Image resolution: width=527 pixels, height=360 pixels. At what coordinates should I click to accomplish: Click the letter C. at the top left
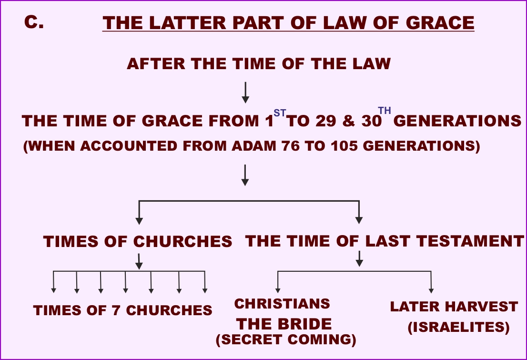pos(34,22)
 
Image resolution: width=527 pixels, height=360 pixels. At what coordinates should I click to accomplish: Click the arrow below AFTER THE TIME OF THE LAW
pos(245,93)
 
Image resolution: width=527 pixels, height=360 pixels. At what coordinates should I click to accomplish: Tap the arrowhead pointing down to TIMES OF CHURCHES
pos(139,220)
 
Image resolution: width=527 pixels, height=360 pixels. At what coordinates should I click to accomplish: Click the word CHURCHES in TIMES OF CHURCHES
pos(182,242)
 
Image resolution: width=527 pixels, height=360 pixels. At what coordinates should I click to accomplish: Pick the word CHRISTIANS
pos(282,304)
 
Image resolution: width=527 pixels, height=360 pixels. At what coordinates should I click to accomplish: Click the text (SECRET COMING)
pos(286,339)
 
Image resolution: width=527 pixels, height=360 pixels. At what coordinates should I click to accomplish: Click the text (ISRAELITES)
pos(458,328)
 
